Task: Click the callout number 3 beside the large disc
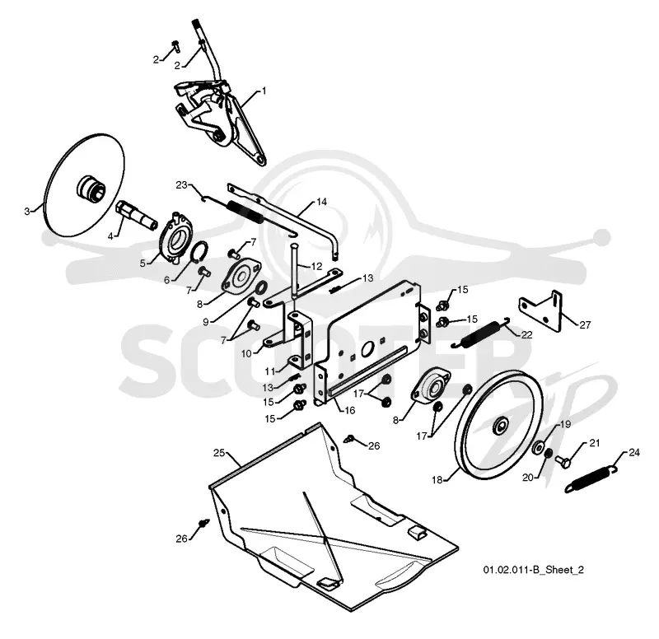point(27,212)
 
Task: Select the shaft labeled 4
point(136,214)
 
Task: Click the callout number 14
point(321,202)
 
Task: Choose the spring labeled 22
point(480,333)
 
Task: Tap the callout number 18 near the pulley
point(437,479)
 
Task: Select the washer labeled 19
point(537,447)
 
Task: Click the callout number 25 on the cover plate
point(219,453)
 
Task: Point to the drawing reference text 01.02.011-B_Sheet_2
point(533,570)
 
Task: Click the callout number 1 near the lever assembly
point(264,91)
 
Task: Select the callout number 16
point(350,410)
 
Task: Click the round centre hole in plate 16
point(367,348)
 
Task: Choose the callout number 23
point(181,184)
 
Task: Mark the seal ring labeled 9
point(261,287)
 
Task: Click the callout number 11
point(270,371)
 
